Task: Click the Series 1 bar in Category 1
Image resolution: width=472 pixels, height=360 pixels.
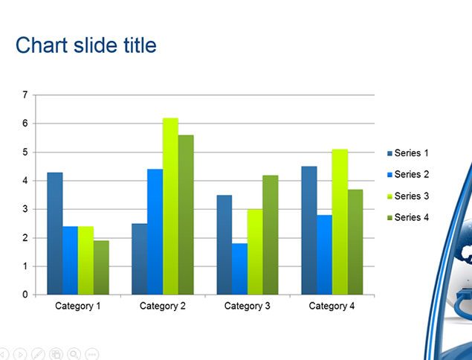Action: [x=55, y=234]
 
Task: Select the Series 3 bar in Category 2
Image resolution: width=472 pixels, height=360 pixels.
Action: [x=171, y=206]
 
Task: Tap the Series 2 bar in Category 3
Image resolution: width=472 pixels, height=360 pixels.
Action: [x=240, y=269]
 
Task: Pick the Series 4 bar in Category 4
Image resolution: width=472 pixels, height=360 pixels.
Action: [x=355, y=242]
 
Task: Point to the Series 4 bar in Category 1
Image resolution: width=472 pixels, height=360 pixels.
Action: [x=101, y=268]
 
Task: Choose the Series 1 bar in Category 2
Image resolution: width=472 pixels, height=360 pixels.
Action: [x=140, y=259]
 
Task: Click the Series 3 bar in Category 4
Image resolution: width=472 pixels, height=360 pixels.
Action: [x=340, y=222]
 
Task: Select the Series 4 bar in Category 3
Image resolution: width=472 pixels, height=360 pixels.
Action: [x=271, y=235]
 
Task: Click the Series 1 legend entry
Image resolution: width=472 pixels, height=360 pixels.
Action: [x=408, y=153]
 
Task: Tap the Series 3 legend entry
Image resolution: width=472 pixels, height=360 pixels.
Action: [x=408, y=196]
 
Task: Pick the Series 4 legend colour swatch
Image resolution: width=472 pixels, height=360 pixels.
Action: [x=389, y=217]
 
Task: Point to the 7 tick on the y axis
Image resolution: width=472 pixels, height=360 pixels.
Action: [x=25, y=95]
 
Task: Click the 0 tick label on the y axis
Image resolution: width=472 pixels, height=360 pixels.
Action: [x=25, y=295]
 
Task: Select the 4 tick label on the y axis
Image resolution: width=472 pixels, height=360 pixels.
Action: [x=25, y=181]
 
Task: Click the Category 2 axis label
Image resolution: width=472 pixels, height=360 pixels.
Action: [x=163, y=306]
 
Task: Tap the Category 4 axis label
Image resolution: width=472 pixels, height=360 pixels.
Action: [x=332, y=306]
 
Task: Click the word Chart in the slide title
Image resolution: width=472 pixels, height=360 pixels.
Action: [x=42, y=45]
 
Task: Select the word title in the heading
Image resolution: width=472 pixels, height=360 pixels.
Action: [x=140, y=45]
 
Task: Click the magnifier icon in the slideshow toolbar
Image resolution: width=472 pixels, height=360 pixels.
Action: [x=74, y=354]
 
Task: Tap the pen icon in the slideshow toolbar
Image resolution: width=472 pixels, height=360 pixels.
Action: [x=38, y=354]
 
